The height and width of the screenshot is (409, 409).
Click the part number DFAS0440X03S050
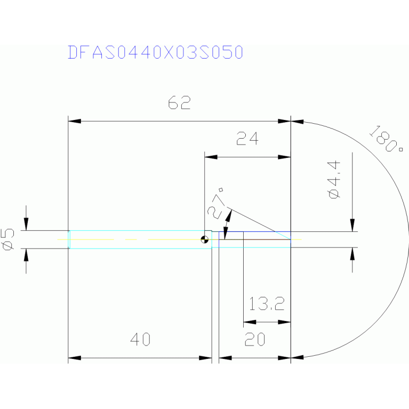pyautogui.click(x=156, y=52)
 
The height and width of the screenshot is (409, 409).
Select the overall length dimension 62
pyautogui.click(x=179, y=103)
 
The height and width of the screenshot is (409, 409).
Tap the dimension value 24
pyautogui.click(x=247, y=139)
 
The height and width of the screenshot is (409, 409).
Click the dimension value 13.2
pyautogui.click(x=267, y=304)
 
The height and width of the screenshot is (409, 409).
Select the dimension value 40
pyautogui.click(x=140, y=339)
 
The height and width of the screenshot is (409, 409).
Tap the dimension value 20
pyautogui.click(x=256, y=339)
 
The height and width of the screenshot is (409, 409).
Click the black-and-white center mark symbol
pyautogui.click(x=205, y=239)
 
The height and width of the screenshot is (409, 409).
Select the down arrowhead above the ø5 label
pyautogui.click(x=26, y=225)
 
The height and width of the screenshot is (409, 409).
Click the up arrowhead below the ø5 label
pyautogui.click(x=26, y=254)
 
